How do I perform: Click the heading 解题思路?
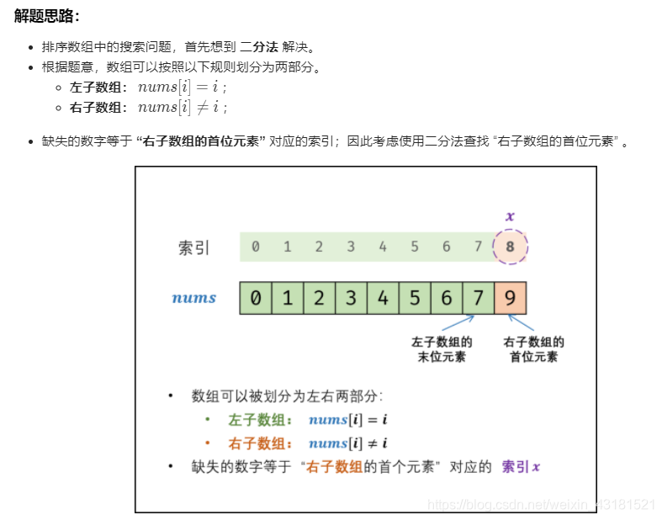pos(47,15)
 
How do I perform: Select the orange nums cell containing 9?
pos(511,298)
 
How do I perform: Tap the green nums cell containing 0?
pos(256,298)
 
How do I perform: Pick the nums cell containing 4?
pos(383,298)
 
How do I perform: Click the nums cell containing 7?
pos(478,298)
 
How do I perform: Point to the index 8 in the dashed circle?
pos(511,247)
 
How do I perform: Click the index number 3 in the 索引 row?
pos(351,247)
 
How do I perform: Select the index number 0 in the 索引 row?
pos(256,247)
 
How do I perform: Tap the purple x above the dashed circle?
pos(510,216)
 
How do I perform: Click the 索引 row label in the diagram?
pos(193,248)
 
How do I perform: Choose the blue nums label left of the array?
pos(194,298)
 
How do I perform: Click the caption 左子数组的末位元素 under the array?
pos(442,349)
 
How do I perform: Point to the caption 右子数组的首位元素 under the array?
pos(534,349)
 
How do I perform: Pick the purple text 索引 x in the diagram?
pos(521,466)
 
